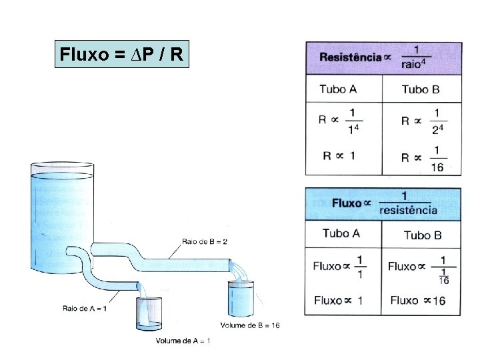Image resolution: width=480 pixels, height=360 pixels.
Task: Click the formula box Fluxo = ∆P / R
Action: pyautogui.click(x=122, y=53)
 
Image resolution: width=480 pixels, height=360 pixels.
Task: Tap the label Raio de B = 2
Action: pyautogui.click(x=204, y=241)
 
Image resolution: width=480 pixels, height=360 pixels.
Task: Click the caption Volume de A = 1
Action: pyautogui.click(x=183, y=342)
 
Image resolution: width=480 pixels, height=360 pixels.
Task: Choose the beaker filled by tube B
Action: pyautogui.click(x=241, y=297)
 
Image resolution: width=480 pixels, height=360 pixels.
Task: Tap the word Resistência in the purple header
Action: pyautogui.click(x=350, y=57)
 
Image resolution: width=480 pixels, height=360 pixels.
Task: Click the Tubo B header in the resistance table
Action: pyautogui.click(x=421, y=89)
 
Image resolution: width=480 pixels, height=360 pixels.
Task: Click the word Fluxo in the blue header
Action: pyautogui.click(x=347, y=203)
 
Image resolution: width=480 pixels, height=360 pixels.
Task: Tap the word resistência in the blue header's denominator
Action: pyautogui.click(x=408, y=210)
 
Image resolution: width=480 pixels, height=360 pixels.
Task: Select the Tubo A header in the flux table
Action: pyautogui.click(x=341, y=233)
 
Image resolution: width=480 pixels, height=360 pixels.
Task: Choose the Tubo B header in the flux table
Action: pyautogui.click(x=423, y=235)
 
